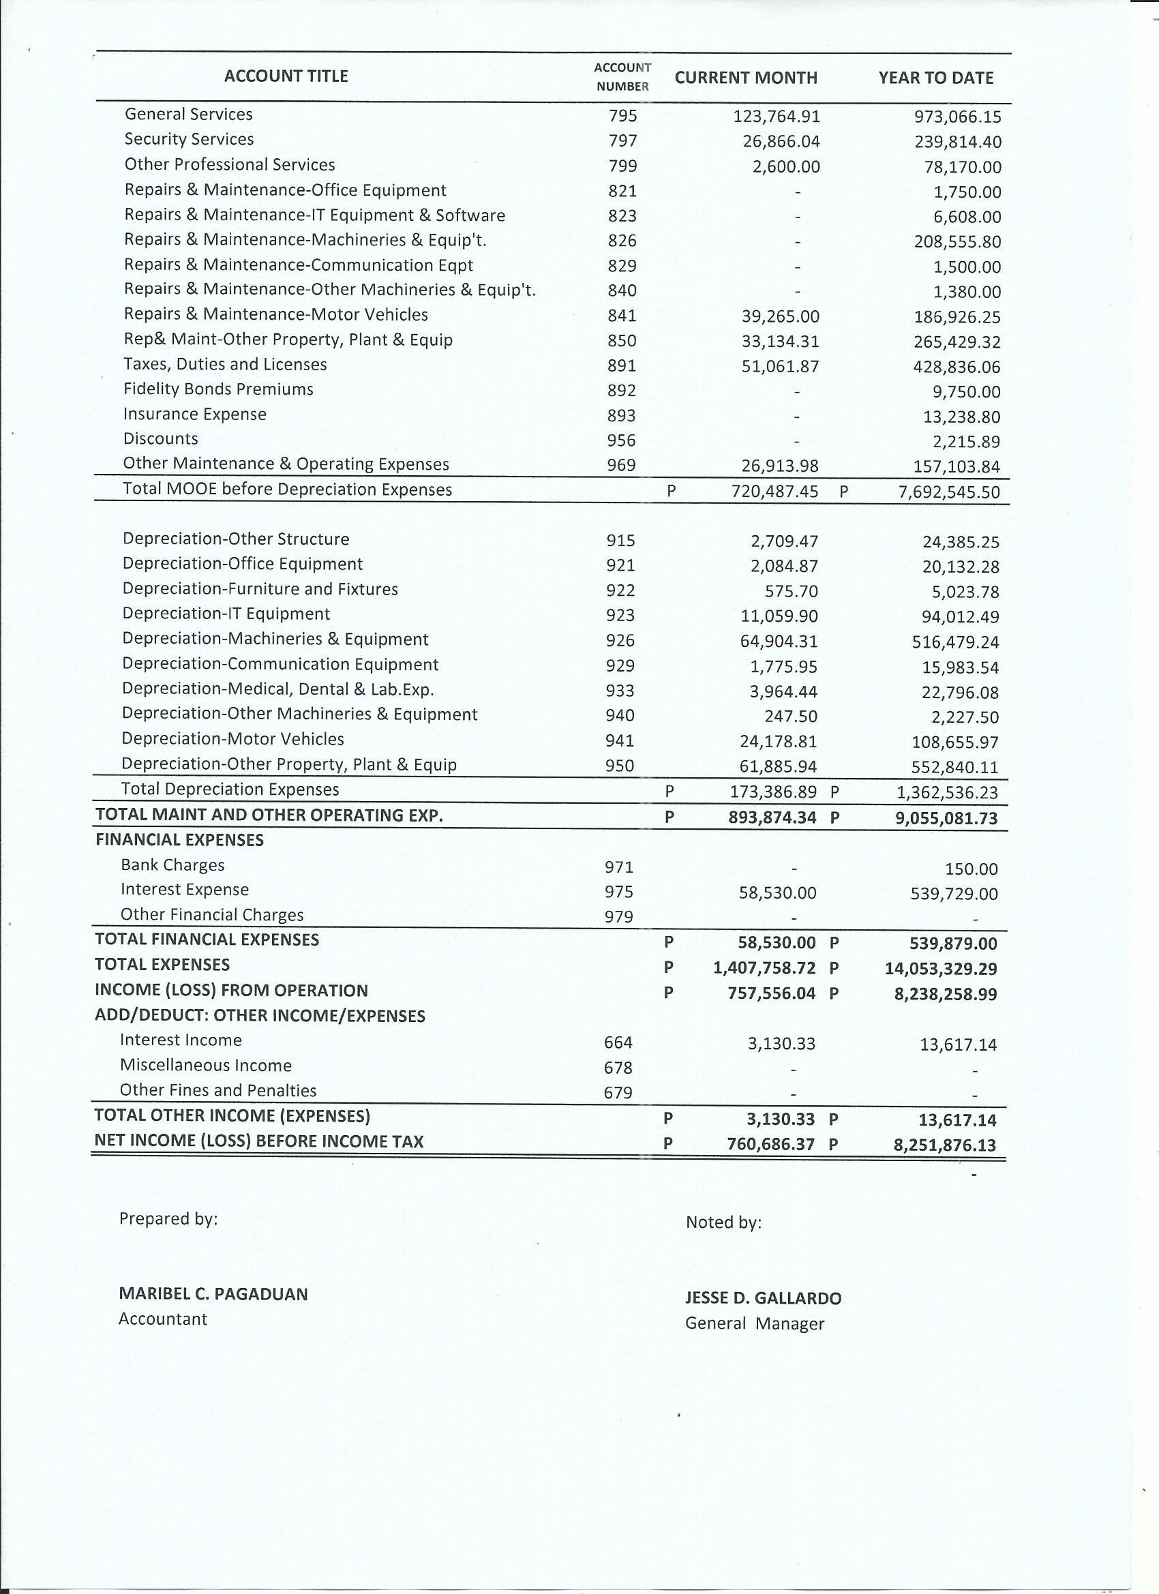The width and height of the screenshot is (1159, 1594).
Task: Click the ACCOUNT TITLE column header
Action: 286,76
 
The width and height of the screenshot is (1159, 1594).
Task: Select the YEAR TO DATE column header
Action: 935,78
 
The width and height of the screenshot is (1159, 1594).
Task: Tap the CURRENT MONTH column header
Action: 746,78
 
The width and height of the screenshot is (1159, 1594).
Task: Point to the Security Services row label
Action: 189,139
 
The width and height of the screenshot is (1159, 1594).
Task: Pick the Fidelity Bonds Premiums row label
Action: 219,389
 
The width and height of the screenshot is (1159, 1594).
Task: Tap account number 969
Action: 621,465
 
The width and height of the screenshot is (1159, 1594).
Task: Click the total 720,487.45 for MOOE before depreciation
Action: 774,492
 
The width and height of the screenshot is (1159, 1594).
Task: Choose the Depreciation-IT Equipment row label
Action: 226,614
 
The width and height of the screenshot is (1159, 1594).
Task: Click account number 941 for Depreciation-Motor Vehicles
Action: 620,741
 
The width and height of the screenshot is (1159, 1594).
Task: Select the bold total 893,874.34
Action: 772,817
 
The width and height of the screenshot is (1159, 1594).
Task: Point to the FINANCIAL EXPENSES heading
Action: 179,840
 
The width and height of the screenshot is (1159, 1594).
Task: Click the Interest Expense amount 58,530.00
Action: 777,893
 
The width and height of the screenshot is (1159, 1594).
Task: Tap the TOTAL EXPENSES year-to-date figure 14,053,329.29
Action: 940,969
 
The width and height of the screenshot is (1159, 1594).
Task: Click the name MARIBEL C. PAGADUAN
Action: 213,1294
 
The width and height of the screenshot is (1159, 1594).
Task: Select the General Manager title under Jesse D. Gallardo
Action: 754,1323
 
